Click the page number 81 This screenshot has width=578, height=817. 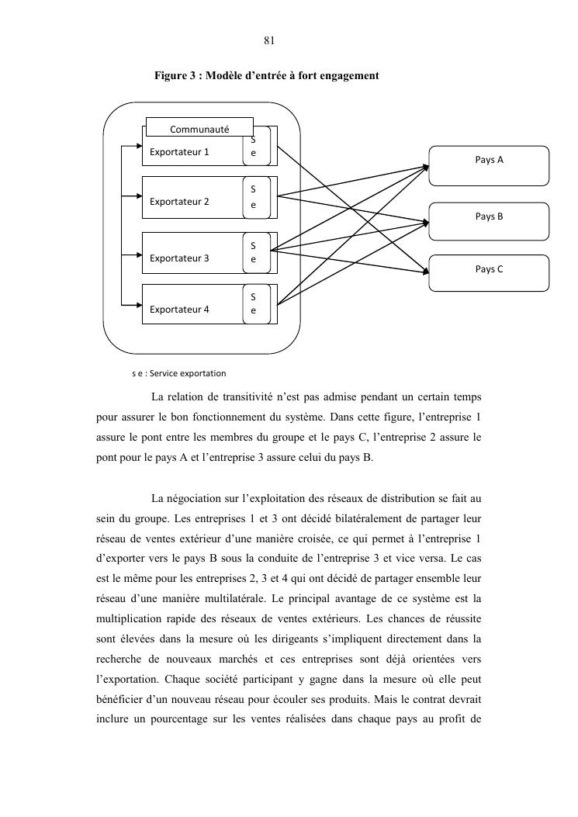(x=270, y=41)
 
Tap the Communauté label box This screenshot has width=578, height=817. (x=199, y=126)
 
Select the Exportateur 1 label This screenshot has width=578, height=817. (x=179, y=152)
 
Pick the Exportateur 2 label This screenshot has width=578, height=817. (x=179, y=202)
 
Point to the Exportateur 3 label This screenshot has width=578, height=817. (x=179, y=258)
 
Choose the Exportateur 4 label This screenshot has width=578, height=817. (x=179, y=309)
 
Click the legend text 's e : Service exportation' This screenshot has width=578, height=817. (x=179, y=373)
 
